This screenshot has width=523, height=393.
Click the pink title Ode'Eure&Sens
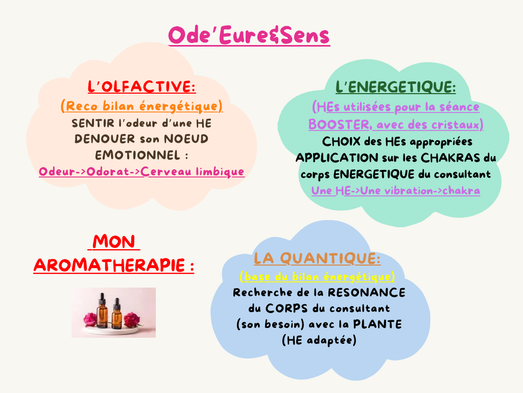tap(249, 35)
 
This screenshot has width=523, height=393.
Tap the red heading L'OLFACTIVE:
tap(142, 86)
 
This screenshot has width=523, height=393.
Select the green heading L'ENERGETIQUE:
tap(396, 87)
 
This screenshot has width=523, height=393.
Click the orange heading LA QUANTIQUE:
tap(317, 258)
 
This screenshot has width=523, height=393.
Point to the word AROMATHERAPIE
tap(109, 266)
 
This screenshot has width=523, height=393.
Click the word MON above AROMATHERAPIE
tap(114, 242)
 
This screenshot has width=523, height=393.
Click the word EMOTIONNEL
tap(138, 155)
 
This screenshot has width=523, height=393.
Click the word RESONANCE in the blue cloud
tap(367, 292)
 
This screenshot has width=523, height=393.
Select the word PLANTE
tap(377, 324)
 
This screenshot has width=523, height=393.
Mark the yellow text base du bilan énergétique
tap(318, 277)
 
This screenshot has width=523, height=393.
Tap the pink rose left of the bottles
tap(90, 319)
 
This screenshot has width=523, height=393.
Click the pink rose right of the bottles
tap(132, 319)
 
